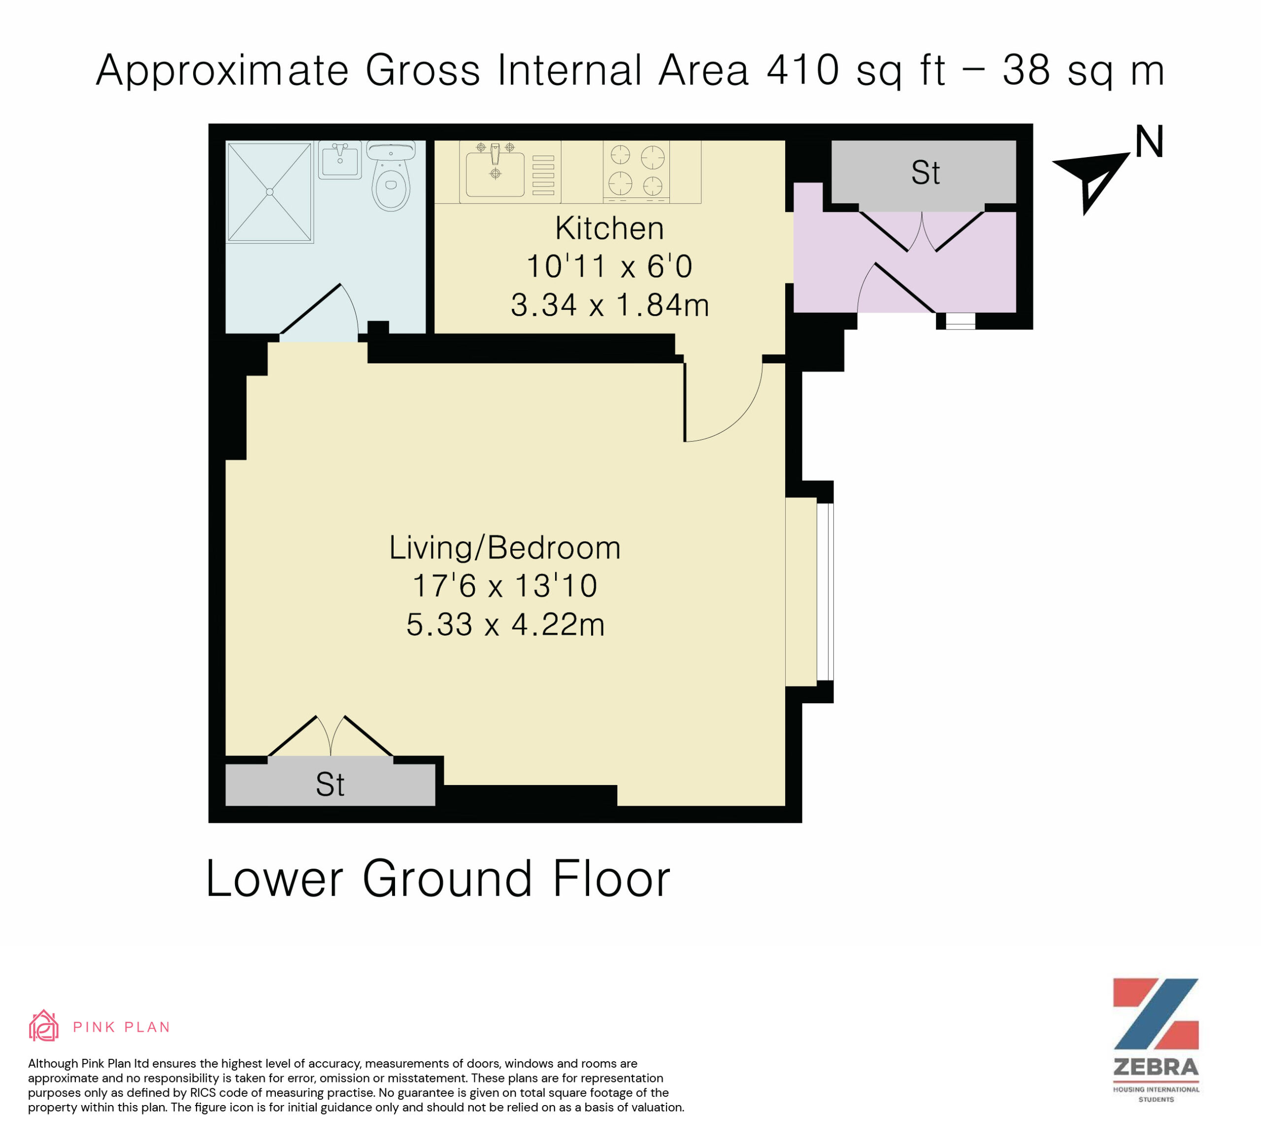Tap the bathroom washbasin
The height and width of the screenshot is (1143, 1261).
(340, 160)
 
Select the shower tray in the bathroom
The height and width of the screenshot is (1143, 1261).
(269, 192)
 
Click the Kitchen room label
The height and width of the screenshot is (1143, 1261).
(609, 228)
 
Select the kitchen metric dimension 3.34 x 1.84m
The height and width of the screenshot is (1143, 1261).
(610, 305)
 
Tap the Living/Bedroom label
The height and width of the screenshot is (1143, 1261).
(505, 548)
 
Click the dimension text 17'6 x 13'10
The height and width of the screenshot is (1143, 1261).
(505, 586)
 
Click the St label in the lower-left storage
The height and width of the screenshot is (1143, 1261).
(330, 784)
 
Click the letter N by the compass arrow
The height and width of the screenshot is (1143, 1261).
(1149, 142)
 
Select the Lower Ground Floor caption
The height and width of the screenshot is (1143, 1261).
(438, 879)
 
